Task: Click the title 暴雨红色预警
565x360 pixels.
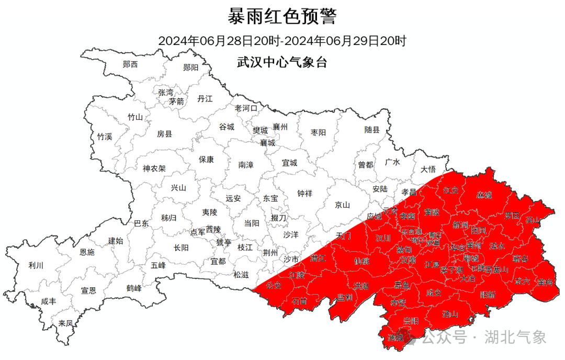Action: (x=282, y=16)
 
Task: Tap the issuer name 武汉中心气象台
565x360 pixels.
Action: (x=282, y=62)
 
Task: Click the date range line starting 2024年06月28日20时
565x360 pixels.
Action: (x=282, y=40)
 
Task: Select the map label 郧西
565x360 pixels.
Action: (x=130, y=64)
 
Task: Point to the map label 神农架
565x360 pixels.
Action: (x=154, y=168)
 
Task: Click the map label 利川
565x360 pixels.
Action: (x=36, y=265)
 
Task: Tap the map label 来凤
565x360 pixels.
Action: (x=66, y=323)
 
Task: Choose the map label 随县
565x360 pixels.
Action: (x=372, y=130)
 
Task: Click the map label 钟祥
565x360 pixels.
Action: (x=304, y=193)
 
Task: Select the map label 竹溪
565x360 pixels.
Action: (x=105, y=137)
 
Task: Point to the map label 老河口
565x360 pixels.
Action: (x=246, y=108)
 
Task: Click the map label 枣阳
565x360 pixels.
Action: (x=318, y=132)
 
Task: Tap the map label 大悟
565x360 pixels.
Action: (x=428, y=169)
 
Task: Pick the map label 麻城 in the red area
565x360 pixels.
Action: (x=484, y=195)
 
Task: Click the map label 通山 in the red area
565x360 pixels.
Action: (x=449, y=314)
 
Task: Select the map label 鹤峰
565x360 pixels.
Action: (x=134, y=288)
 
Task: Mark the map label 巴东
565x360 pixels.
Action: (x=141, y=223)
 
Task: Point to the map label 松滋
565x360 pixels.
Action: (x=241, y=274)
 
